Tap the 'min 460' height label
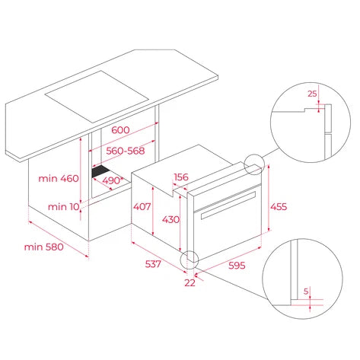(59, 179)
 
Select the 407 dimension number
(142, 205)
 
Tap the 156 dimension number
(181, 177)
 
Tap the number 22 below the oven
(190, 282)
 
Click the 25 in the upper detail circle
(311, 94)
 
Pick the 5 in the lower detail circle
(305, 291)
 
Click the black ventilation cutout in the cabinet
(100, 173)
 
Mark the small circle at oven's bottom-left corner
(187, 260)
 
